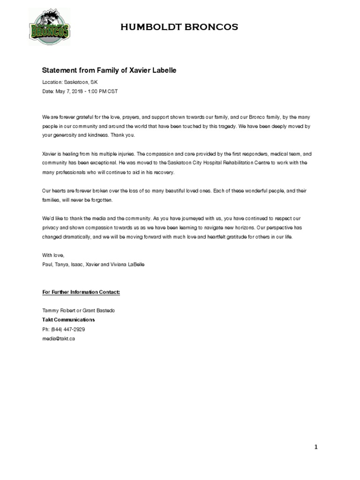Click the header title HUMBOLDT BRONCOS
[179, 28]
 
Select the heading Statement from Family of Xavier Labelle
[109, 70]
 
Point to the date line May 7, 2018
[80, 91]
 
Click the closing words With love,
[52, 255]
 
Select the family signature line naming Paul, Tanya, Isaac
[93, 264]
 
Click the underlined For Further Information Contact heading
[81, 292]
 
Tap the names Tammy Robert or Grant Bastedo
[78, 310]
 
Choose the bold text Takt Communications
[68, 320]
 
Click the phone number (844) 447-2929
[63, 329]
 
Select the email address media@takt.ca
[58, 338]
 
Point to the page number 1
[316, 447]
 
